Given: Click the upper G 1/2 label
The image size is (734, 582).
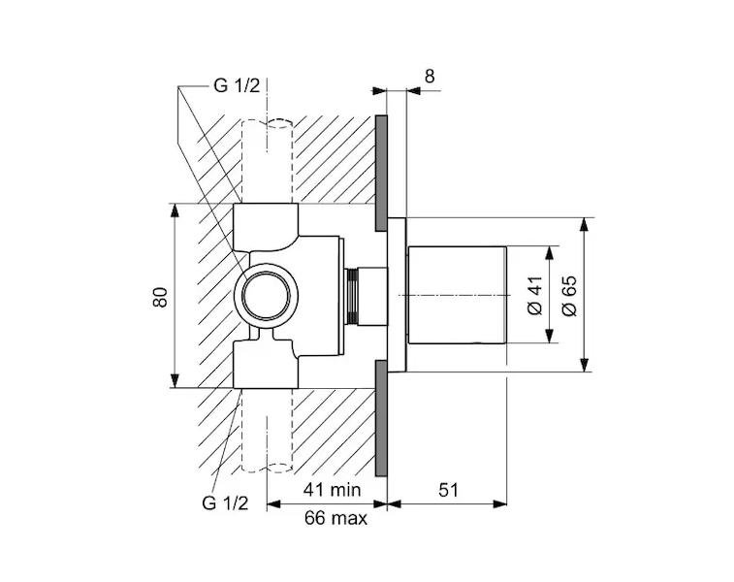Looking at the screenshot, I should coord(236,86).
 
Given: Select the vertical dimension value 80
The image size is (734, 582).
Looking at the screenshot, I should coord(161,296).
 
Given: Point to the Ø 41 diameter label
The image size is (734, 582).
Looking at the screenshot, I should coord(532,295).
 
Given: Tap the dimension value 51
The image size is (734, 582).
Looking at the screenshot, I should coord(448,491).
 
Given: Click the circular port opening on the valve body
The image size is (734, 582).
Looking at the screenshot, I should coord(268,296).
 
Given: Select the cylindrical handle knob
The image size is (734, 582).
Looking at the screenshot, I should coord(457,296).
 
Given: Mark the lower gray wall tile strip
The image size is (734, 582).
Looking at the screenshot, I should coord(381,420).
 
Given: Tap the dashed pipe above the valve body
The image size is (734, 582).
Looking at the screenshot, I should coord(267,160).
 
